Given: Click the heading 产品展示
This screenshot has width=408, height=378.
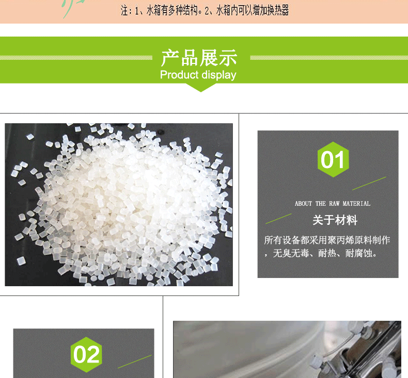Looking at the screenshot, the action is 199,58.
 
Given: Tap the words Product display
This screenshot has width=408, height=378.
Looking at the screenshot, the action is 198,75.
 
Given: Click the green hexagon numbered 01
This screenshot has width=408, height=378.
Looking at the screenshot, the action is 333,159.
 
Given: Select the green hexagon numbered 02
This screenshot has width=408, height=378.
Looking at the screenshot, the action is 86,355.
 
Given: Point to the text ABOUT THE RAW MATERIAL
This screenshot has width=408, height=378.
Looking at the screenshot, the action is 332,203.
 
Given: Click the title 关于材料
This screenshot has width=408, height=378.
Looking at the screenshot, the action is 335,220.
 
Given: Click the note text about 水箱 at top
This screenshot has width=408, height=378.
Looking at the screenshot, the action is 205,11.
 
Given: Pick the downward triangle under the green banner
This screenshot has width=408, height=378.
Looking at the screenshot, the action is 200,88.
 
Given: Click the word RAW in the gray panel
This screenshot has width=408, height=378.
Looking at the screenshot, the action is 334,203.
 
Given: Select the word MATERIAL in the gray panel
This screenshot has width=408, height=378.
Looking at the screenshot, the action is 356,203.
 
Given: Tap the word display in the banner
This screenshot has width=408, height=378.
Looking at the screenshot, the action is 219,75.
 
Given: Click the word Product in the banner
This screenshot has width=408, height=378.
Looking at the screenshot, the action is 179,75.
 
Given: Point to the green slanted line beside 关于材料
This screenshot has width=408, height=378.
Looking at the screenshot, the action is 278,219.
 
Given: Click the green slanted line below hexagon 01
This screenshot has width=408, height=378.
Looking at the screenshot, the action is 369,184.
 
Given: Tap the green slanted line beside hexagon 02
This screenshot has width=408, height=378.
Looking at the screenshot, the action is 134,361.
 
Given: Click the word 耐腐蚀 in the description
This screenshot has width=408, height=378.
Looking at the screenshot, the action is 358,253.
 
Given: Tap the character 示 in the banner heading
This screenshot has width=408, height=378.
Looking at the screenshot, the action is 228,58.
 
